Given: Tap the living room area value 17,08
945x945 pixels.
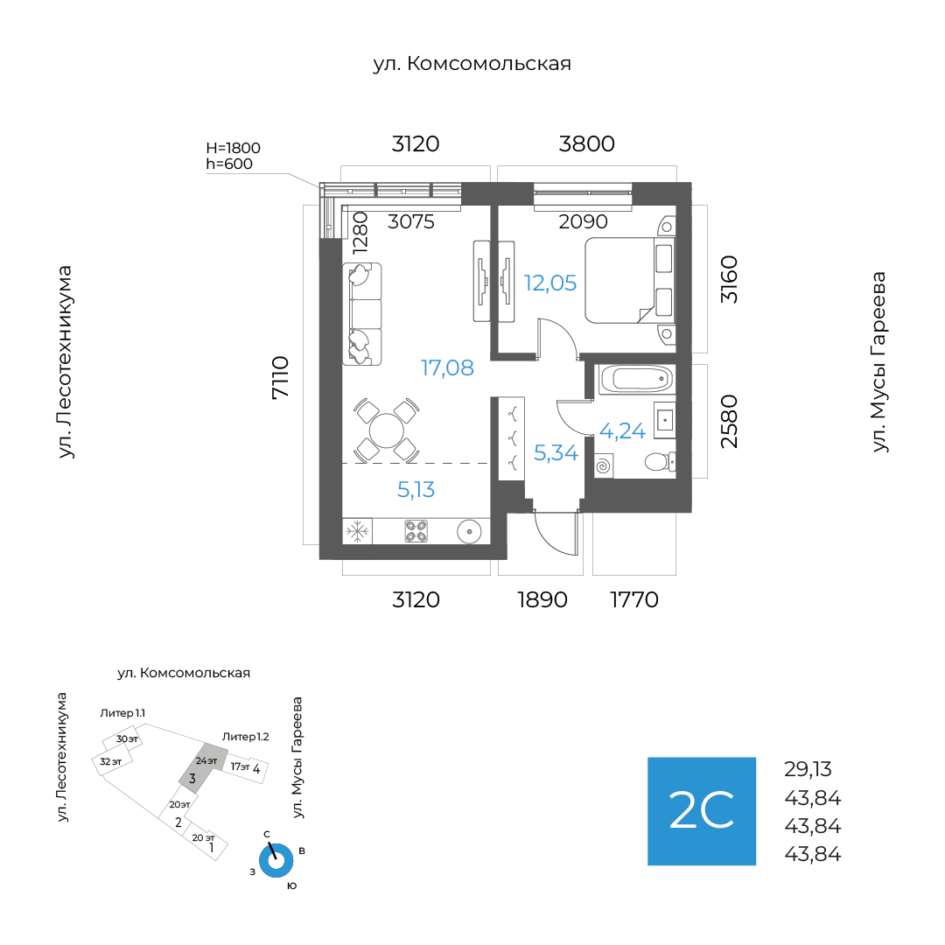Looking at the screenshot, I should (447, 368).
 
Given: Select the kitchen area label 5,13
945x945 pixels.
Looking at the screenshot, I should (416, 490).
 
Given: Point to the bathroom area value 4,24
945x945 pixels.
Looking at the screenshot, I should (622, 430).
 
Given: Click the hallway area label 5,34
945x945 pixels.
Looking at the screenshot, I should (556, 453).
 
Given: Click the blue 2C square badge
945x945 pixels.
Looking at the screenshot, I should (701, 811).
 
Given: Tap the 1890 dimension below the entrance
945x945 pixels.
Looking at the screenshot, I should (542, 600).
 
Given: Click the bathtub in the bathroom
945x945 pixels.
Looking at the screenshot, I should (635, 379).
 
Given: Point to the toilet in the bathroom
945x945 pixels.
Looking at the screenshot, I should (657, 462).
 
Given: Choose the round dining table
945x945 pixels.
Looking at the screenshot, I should (386, 430).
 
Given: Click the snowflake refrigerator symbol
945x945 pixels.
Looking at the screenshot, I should (357, 530).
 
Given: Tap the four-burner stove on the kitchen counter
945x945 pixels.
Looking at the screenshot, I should (416, 530).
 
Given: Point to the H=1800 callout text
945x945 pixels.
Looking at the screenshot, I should (233, 148).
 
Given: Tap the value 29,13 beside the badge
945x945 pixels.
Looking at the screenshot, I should (808, 770).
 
